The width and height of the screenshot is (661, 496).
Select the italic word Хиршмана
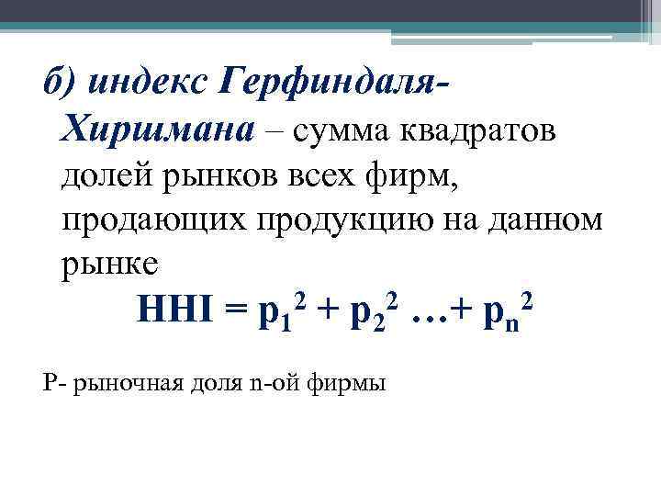point(157,130)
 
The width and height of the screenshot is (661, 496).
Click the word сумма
point(343,130)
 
